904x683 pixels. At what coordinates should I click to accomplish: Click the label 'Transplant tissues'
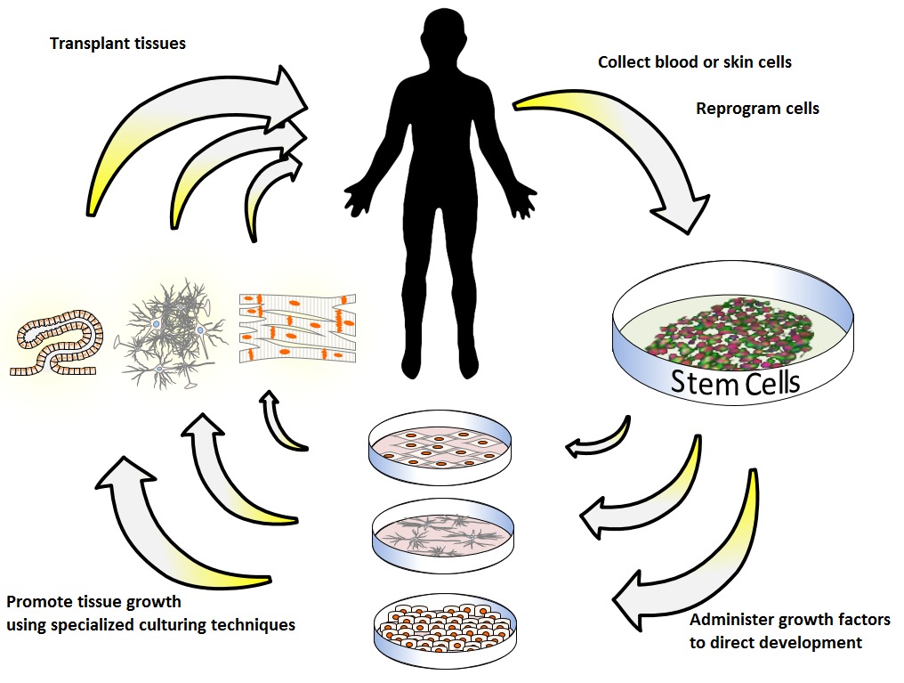[x=117, y=43]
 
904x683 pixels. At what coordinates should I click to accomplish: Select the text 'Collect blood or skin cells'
[x=694, y=62]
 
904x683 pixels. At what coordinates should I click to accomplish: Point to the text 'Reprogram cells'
[x=756, y=109]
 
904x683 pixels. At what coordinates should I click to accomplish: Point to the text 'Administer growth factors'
[x=789, y=620]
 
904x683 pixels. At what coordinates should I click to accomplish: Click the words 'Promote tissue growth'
[x=93, y=602]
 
